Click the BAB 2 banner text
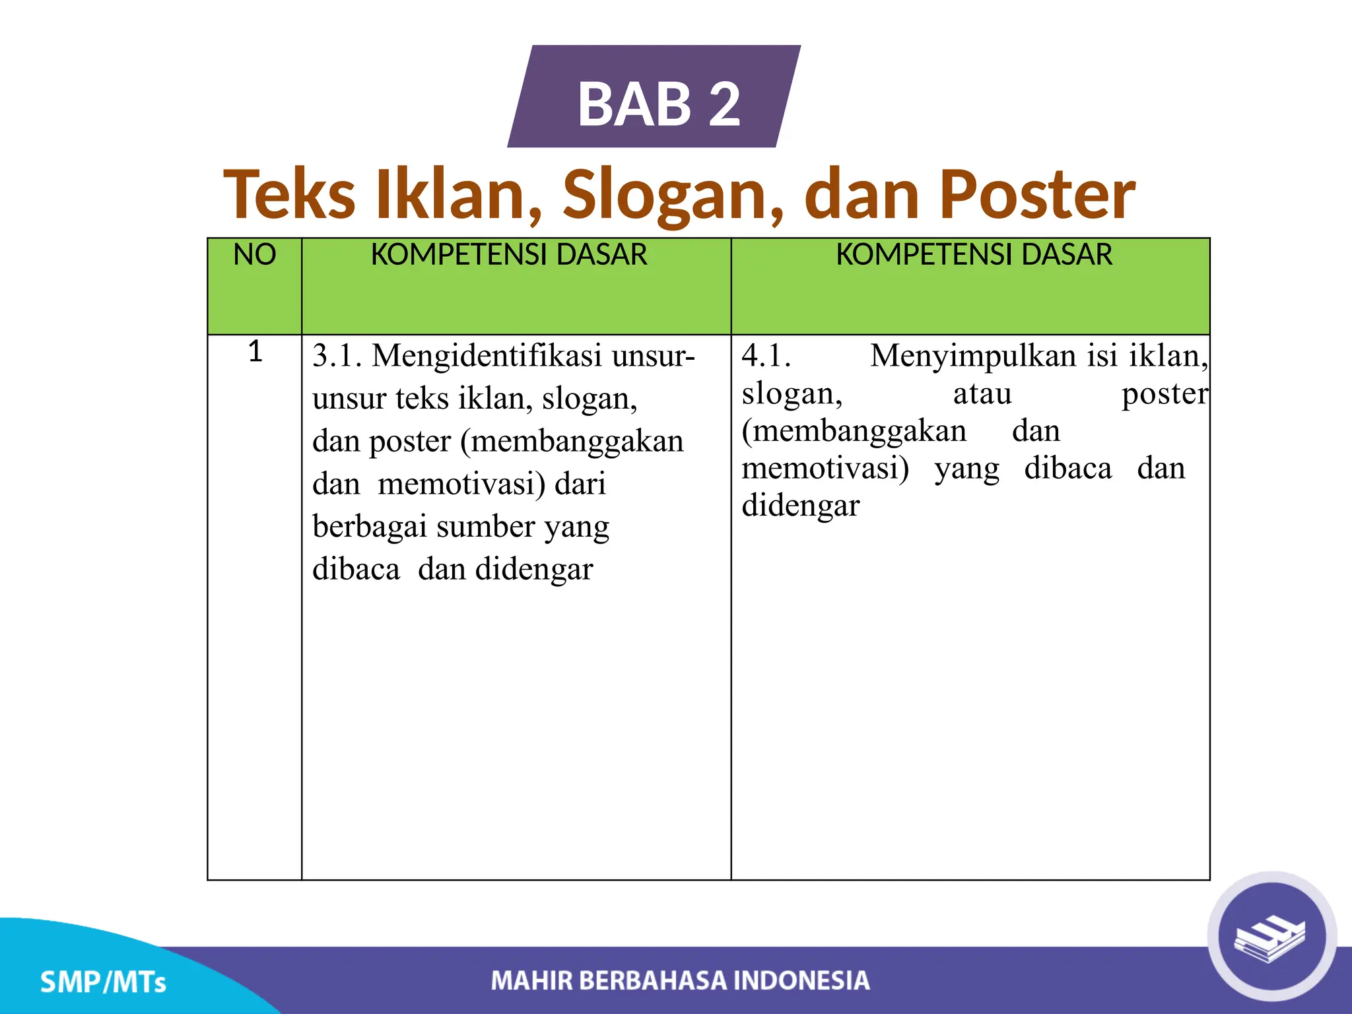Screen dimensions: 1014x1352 click(x=659, y=104)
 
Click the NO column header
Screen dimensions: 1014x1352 click(x=254, y=255)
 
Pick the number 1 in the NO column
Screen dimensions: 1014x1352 click(x=255, y=352)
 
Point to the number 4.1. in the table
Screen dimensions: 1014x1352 click(x=766, y=356)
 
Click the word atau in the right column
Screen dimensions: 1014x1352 click(x=982, y=395)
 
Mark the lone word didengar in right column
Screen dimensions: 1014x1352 click(x=800, y=506)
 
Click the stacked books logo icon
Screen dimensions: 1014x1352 click(x=1271, y=937)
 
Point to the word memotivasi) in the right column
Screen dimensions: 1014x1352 click(x=825, y=469)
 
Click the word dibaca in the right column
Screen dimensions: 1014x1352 click(x=1067, y=469)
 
